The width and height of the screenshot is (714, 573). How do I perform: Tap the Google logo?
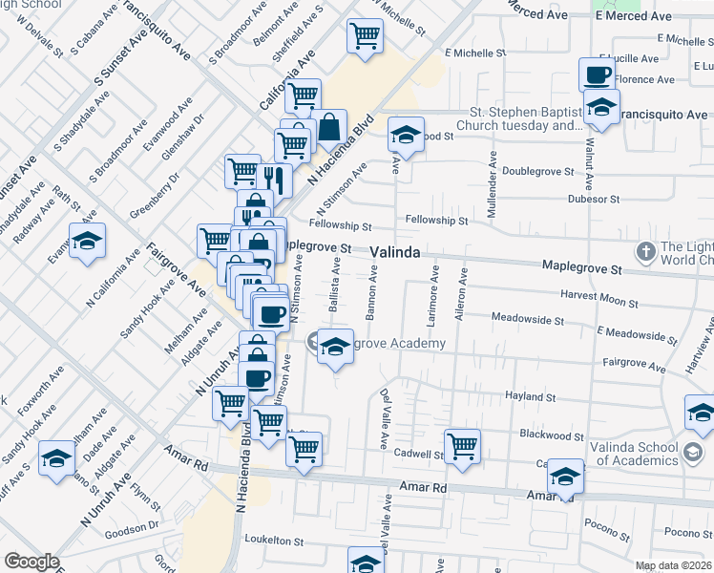coord(31,561)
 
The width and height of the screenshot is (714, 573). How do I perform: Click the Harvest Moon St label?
coord(598,300)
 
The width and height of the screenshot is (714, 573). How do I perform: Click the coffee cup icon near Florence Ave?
coord(598,74)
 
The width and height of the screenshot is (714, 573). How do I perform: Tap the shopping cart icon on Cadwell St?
coord(462,445)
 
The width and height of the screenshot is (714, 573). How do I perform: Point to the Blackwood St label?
coord(551,435)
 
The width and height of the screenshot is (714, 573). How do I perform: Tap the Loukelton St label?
coord(275,540)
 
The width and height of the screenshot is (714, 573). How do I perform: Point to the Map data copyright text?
coord(674,566)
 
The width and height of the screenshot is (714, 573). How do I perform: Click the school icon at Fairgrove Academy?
coord(335,347)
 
